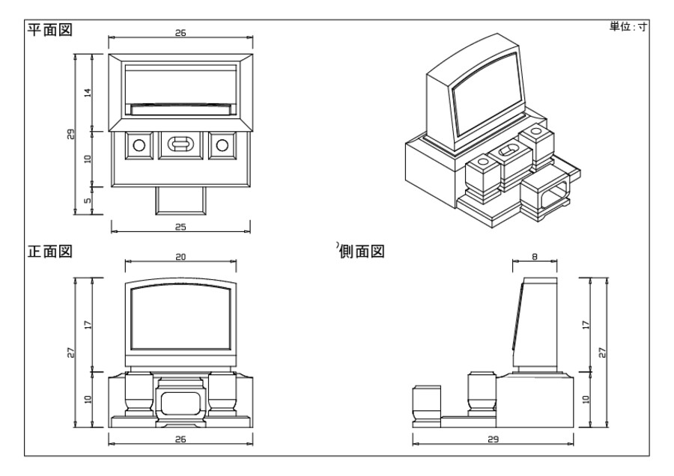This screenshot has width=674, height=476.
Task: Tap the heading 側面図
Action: [x=362, y=251]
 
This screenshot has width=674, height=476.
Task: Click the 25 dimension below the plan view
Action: [x=180, y=226]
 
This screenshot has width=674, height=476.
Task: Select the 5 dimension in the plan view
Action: [x=87, y=200]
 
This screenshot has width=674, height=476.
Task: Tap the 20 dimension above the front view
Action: [x=180, y=256]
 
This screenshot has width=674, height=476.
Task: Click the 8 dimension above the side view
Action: [x=534, y=256]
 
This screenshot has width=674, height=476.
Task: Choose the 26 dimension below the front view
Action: [x=180, y=439]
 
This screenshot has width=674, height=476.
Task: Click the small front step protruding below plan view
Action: [x=180, y=200]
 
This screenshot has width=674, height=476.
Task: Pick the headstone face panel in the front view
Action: [x=180, y=318]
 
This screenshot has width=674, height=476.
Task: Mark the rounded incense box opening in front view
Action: [x=180, y=404]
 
